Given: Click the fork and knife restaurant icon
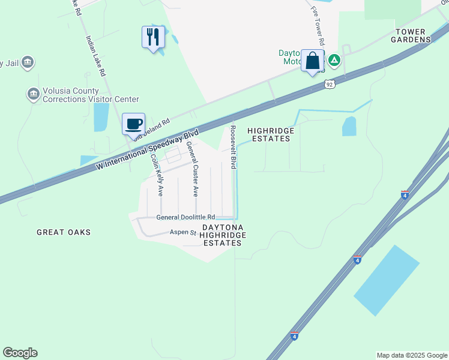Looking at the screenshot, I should [x=152, y=37].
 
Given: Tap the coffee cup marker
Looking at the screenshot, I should [x=133, y=124].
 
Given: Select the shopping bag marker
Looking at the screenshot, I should [x=312, y=61].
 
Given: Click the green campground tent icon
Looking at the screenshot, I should [x=334, y=60].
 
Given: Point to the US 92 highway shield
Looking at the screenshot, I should [x=330, y=85].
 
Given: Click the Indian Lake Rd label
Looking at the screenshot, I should [x=95, y=56].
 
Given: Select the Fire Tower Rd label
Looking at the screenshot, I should [x=317, y=27].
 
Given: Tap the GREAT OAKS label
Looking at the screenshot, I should [x=63, y=232].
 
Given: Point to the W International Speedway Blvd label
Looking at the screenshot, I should [x=146, y=148].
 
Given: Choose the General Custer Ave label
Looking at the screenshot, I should [x=192, y=169].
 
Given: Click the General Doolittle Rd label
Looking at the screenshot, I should [x=185, y=217].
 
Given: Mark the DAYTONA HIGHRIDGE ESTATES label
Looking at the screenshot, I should [x=223, y=235].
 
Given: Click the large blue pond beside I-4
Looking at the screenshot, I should [x=387, y=280].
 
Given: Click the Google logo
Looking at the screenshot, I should [x=20, y=353].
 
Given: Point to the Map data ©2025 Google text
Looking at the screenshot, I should [x=411, y=355].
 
